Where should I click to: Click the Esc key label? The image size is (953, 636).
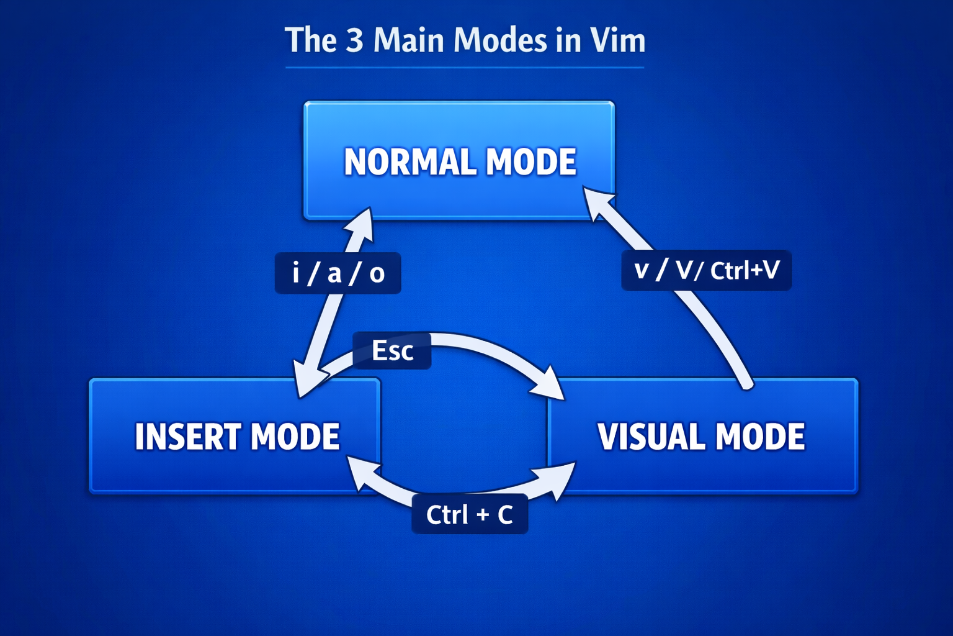point(392,351)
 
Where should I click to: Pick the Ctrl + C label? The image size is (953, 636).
point(470,514)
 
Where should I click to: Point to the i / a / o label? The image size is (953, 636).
point(338,273)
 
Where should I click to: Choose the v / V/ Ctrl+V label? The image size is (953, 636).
point(706,270)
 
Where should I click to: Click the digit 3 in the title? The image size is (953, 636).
point(354,40)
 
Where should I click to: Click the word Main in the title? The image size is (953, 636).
point(408,40)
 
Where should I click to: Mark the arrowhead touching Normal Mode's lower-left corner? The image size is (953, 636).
point(362,224)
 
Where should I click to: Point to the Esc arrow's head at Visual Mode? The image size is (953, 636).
point(551,384)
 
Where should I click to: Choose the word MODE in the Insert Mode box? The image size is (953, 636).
point(295,437)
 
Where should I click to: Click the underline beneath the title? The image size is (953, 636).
point(465,67)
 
